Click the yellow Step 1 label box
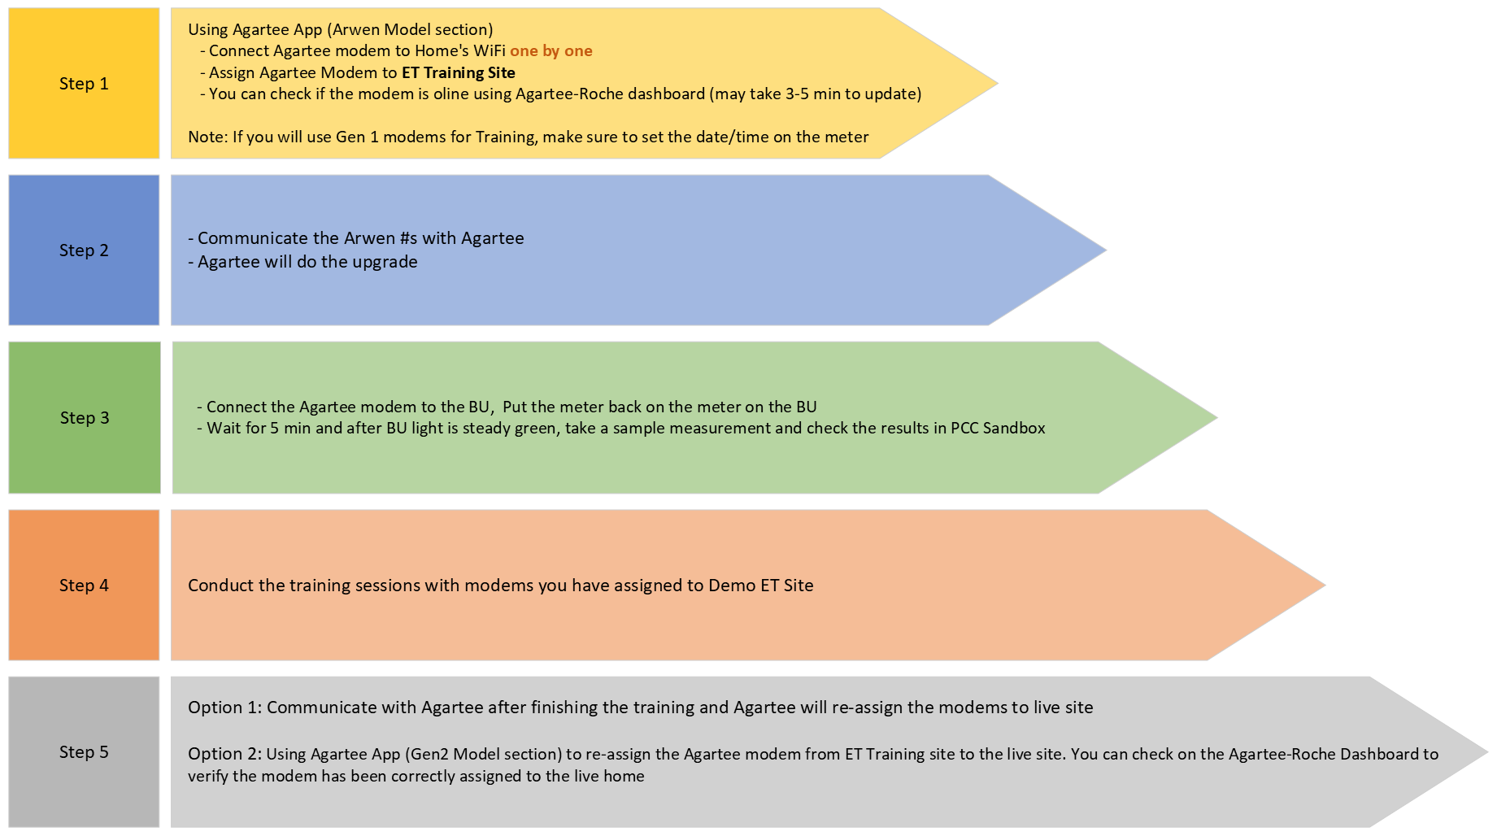(x=84, y=84)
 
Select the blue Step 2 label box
(x=84, y=250)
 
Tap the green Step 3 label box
(x=85, y=418)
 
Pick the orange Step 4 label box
(x=84, y=586)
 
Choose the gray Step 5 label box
(x=84, y=752)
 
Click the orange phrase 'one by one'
(x=551, y=51)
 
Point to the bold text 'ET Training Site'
(x=459, y=73)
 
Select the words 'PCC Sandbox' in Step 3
(x=998, y=429)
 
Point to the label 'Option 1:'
(x=224, y=708)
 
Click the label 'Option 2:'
(x=224, y=755)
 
